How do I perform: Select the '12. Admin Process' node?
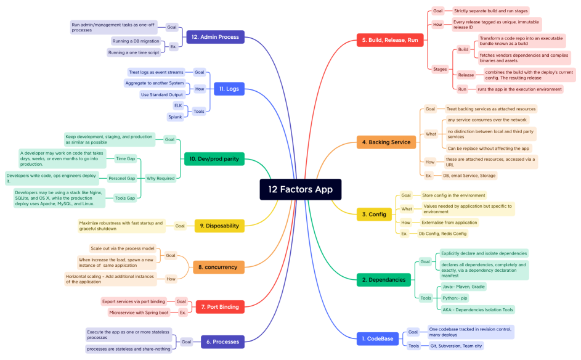pos(215,37)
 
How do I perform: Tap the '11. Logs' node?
pos(229,89)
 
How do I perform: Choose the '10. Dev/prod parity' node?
pos(214,159)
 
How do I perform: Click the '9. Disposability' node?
pos(219,226)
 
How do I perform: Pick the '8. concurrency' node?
pos(217,267)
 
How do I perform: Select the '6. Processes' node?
pos(222,341)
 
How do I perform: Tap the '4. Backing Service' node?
pos(386,142)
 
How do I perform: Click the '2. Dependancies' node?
pos(383,280)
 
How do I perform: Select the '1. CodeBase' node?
pos(378,338)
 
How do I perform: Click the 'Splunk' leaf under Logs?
pos(176,117)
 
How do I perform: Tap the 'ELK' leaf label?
pos(178,105)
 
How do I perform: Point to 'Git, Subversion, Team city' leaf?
pos(456,345)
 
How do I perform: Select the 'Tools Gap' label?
pos(125,198)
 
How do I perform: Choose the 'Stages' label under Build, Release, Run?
pos(440,69)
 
